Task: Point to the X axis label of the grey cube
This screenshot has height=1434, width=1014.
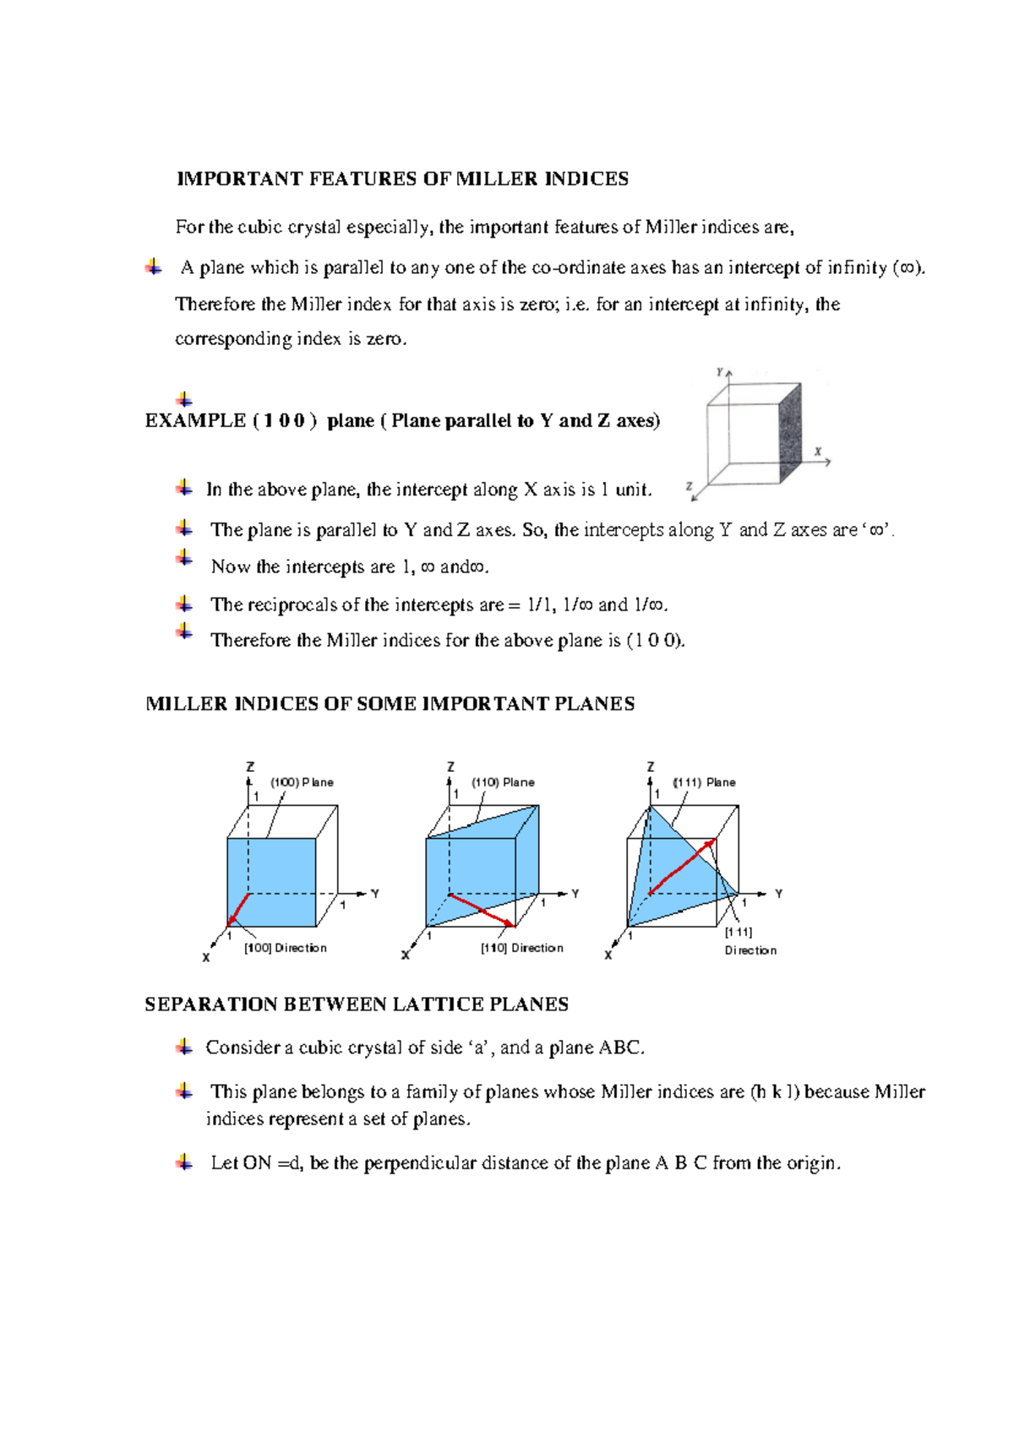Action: click(x=818, y=452)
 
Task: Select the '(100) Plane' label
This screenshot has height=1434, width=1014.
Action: click(x=302, y=782)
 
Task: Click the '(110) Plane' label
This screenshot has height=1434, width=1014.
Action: click(x=503, y=782)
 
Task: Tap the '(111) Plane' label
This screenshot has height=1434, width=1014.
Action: click(x=704, y=782)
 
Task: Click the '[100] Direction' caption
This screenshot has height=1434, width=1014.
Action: click(x=286, y=948)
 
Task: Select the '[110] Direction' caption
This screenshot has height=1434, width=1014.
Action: click(x=522, y=948)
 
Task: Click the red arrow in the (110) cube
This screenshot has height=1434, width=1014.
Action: click(x=482, y=911)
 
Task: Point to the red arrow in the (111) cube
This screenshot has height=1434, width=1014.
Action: click(x=682, y=867)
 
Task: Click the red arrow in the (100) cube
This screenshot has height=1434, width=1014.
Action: click(x=238, y=909)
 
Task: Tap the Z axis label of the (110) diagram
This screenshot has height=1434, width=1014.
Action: click(x=450, y=766)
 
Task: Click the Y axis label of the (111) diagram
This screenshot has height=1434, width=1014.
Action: click(x=778, y=894)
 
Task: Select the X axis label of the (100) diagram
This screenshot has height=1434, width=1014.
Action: click(x=205, y=958)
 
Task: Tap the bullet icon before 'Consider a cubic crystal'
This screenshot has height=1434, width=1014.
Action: click(x=184, y=1048)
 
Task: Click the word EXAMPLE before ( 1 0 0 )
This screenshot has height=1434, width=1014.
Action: click(x=195, y=421)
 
